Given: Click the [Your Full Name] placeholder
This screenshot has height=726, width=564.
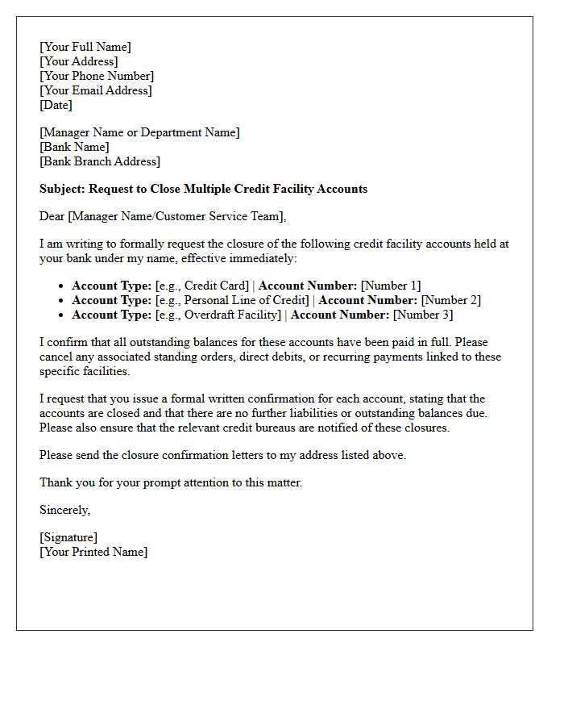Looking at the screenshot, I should [85, 47].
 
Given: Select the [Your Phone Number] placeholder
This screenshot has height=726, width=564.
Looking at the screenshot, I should [96, 76].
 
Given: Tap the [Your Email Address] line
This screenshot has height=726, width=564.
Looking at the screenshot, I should [95, 90].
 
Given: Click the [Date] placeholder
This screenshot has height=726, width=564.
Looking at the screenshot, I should [56, 105].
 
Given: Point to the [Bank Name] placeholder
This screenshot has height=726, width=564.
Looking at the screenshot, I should [74, 147].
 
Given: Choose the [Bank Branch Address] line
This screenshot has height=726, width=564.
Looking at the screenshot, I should [99, 161].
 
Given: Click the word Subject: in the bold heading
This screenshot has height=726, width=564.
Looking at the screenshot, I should [62, 189].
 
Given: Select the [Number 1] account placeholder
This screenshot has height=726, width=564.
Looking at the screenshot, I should [391, 286].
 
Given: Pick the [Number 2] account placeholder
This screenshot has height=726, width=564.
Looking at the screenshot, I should [451, 300].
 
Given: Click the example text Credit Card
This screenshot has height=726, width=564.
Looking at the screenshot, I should [216, 286].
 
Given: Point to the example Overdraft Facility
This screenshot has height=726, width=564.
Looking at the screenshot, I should [233, 315].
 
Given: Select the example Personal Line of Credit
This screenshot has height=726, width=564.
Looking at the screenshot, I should [247, 300].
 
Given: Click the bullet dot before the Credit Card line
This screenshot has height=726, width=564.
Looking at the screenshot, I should [62, 286].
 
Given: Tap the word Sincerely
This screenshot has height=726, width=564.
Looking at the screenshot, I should [64, 510].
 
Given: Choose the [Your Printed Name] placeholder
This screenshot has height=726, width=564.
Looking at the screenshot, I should [93, 552].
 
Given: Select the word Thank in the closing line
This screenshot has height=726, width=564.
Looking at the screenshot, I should [56, 482].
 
